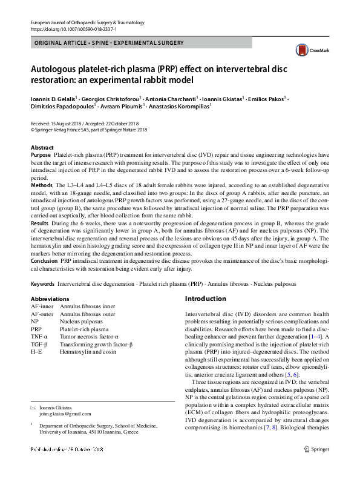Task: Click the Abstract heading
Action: [x=42, y=147]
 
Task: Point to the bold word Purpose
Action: [x=41, y=156]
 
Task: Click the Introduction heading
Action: [x=205, y=299]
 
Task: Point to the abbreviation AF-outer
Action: [x=42, y=314]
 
